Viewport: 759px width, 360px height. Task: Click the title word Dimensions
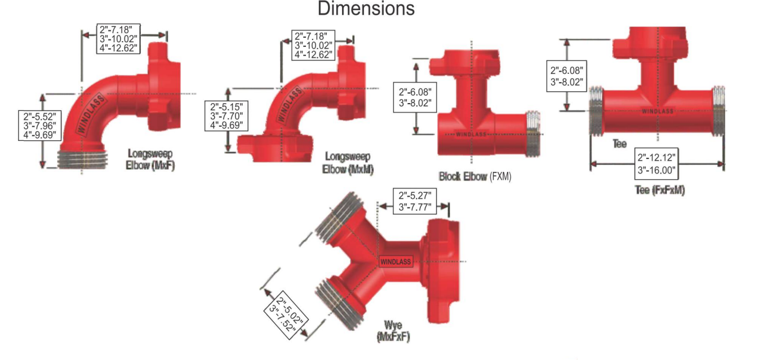click(366, 8)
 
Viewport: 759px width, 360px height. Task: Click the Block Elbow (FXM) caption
click(475, 177)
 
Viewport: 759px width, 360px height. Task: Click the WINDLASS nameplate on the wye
click(396, 261)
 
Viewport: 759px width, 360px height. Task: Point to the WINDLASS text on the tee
click(657, 111)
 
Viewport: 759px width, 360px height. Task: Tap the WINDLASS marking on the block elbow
click(471, 134)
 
